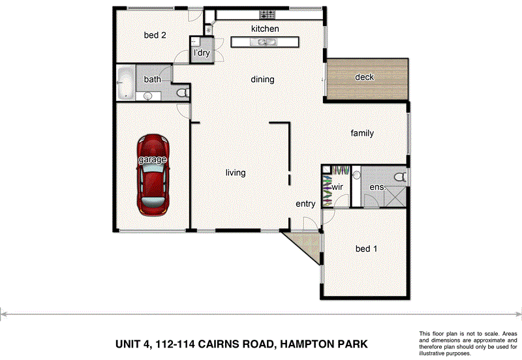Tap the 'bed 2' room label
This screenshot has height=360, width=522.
[x=155, y=35]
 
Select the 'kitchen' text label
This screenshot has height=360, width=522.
[x=265, y=29]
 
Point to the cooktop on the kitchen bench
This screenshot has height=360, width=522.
[x=268, y=14]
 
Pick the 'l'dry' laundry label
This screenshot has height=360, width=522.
[x=201, y=53]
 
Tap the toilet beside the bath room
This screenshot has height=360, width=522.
[x=183, y=94]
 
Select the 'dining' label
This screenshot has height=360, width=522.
[x=262, y=80]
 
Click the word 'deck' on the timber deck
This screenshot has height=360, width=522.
[x=364, y=77]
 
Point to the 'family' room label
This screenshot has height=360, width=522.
[x=362, y=133]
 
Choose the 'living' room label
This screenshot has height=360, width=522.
[x=236, y=173]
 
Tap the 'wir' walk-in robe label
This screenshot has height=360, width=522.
[x=338, y=187]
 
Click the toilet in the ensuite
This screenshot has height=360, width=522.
[x=400, y=176]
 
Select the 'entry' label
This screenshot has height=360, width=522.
[x=305, y=203]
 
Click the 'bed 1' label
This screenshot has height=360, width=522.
[x=366, y=248]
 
